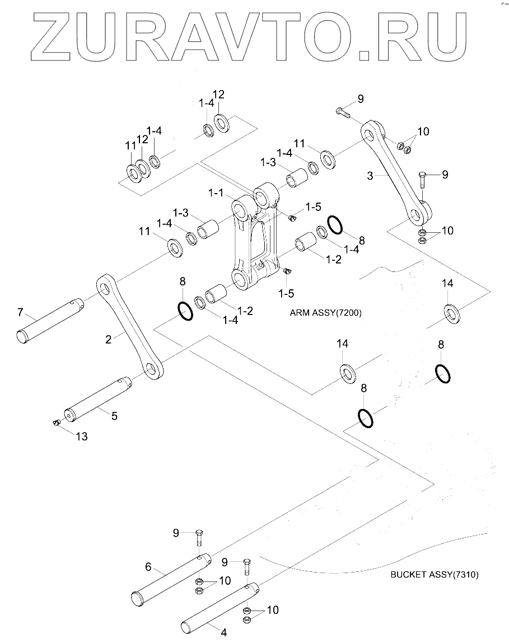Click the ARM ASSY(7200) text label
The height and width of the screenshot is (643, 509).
pyautogui.click(x=325, y=313)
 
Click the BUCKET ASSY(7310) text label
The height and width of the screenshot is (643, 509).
pyautogui.click(x=435, y=575)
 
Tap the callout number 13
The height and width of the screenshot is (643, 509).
pyautogui.click(x=82, y=437)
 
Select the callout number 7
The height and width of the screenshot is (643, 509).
pyautogui.click(x=21, y=312)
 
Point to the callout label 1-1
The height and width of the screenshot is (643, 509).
pyautogui.click(x=216, y=193)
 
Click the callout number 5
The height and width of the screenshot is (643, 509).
pyautogui.click(x=115, y=416)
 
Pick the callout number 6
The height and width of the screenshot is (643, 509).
pyautogui.click(x=148, y=567)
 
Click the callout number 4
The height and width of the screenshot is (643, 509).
pyautogui.click(x=224, y=632)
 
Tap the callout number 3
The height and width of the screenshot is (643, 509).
pyautogui.click(x=370, y=176)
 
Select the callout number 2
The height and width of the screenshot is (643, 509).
pyautogui.click(x=109, y=339)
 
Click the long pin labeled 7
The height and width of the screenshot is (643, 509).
pyautogui.click(x=50, y=320)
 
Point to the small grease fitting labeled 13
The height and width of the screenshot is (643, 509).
pyautogui.click(x=57, y=423)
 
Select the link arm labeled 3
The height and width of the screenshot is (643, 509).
pyautogui.click(x=396, y=173)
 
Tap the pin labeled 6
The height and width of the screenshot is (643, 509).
pyautogui.click(x=171, y=578)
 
